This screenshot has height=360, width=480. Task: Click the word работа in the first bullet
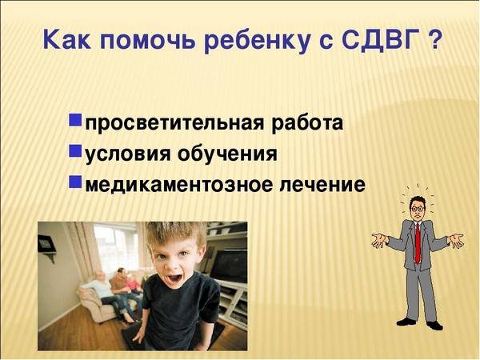point(307,123)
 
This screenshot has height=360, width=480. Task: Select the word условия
point(128,154)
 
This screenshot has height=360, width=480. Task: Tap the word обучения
point(227,153)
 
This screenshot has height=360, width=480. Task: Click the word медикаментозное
point(178,184)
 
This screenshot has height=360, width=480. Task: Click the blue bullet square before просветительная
point(75,120)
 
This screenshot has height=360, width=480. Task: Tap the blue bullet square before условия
point(75,151)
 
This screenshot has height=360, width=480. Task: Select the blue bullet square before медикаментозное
point(75,182)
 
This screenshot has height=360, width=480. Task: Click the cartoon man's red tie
point(418,243)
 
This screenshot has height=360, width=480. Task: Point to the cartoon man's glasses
point(417,209)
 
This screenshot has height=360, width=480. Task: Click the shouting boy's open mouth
point(174,279)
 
